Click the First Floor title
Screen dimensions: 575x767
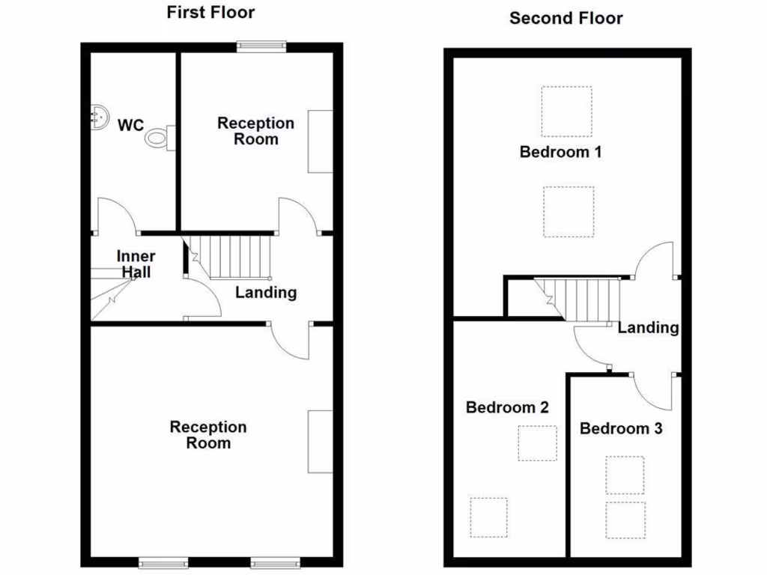(x=210, y=12)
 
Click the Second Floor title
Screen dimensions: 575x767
(x=566, y=18)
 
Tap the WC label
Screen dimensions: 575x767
(x=130, y=125)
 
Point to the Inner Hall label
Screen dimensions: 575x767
(x=136, y=264)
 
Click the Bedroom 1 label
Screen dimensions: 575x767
(x=561, y=152)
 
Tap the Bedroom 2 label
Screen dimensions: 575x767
(x=507, y=407)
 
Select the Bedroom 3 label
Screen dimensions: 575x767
(x=621, y=428)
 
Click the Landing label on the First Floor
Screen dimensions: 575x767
(x=266, y=292)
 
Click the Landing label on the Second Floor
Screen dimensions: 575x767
(x=648, y=327)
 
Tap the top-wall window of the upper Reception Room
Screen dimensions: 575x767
(x=261, y=46)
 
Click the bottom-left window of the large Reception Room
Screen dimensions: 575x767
(x=163, y=562)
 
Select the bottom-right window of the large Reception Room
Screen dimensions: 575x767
(x=275, y=562)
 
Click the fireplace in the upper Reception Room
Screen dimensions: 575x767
(x=320, y=142)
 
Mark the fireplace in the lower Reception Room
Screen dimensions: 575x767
(x=320, y=441)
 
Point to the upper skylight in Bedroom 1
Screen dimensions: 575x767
(x=566, y=112)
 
